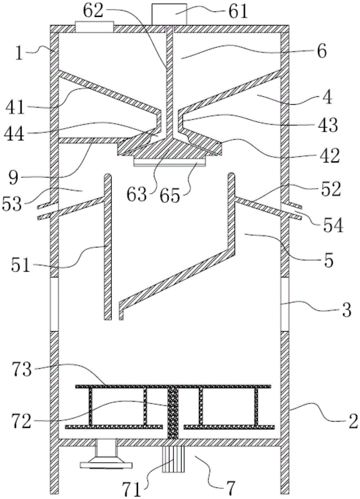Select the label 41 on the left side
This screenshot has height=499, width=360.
coord(14,108)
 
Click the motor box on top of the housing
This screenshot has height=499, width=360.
coord(169,14)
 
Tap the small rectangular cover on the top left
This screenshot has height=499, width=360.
coord(94,27)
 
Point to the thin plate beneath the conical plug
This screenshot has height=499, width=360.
coord(170,163)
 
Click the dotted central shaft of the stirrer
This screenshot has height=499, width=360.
coord(173,413)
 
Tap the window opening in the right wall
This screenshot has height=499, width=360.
coord(285,304)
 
